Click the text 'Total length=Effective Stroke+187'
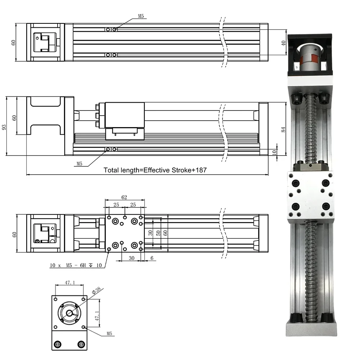coord(155,170)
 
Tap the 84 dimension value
coord(283,129)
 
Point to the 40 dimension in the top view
coord(283,43)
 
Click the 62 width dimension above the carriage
coord(124,198)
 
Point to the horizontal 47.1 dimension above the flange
coord(69,283)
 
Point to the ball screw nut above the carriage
coord(310,167)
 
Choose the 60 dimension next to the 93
coord(14,118)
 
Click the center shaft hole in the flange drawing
coord(69,312)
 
